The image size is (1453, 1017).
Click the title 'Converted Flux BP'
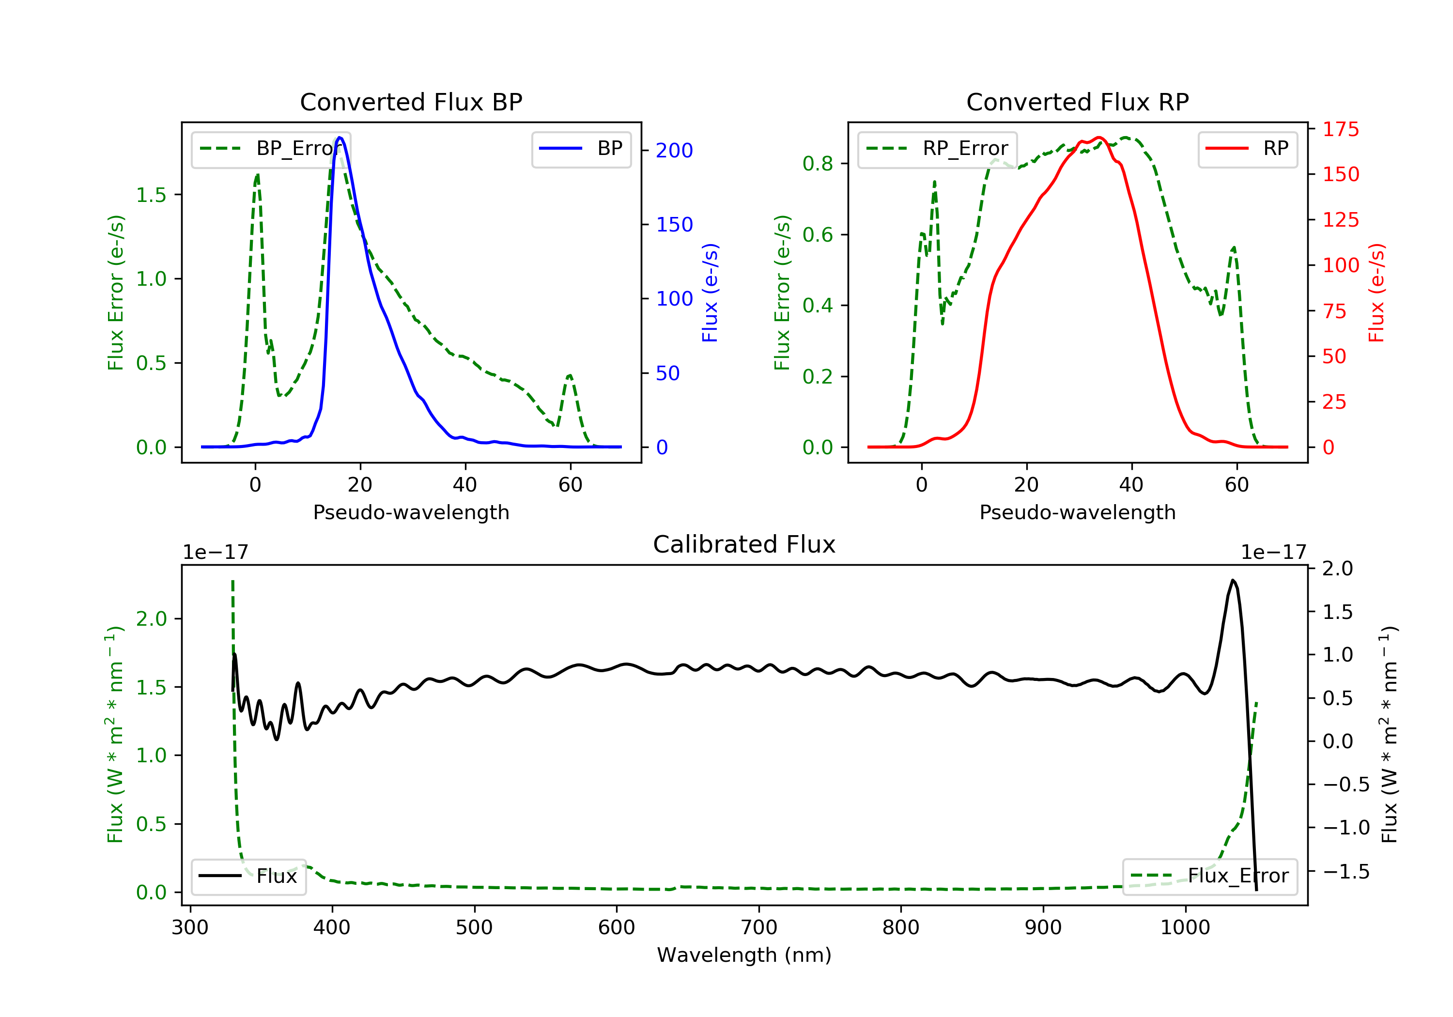411,102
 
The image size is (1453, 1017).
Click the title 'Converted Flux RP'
1077,102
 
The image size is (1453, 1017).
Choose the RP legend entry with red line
1247,149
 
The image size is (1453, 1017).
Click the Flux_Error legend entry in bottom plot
1209,876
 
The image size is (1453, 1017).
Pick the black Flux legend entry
248,876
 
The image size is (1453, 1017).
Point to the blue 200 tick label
674,151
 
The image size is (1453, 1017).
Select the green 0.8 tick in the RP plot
817,164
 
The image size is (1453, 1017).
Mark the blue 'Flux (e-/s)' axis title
710,293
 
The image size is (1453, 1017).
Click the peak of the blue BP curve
340,138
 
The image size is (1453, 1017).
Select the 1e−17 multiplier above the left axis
215,553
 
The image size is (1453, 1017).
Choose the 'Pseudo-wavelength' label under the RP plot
1077,512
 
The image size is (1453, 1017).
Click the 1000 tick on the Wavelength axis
1185,928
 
